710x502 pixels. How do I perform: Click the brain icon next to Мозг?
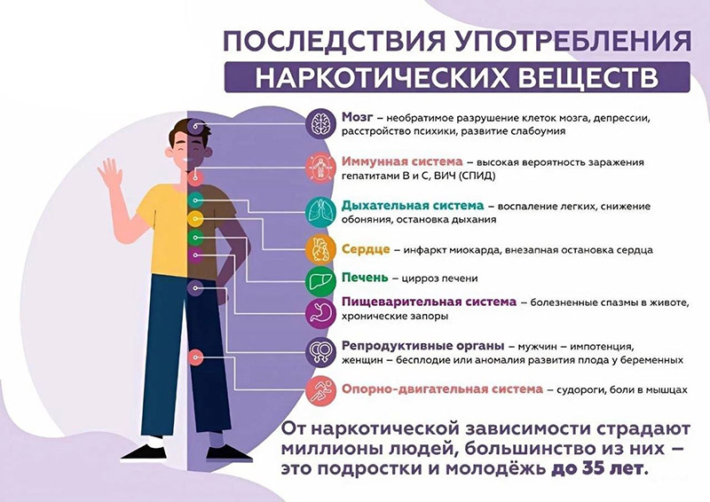pyautogui.click(x=320, y=123)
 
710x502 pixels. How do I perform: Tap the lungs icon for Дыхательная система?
pyautogui.click(x=320, y=211)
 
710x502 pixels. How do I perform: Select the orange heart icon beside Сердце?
pyautogui.click(x=320, y=249)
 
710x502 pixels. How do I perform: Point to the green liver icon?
pyautogui.click(x=320, y=281)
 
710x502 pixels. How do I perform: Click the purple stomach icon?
pyautogui.click(x=320, y=313)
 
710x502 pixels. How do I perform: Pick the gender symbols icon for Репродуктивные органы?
pyautogui.click(x=320, y=352)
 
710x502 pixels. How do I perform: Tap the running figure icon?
pyautogui.click(x=320, y=389)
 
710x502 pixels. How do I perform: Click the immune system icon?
pyautogui.click(x=320, y=168)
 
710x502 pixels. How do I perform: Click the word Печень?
pyautogui.click(x=365, y=278)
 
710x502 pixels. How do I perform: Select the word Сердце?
pyautogui.click(x=366, y=249)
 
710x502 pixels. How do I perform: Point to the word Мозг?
pyautogui.click(x=358, y=118)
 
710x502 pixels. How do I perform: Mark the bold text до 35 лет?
pyautogui.click(x=596, y=468)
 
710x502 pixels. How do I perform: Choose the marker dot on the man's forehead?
pyautogui.click(x=195, y=126)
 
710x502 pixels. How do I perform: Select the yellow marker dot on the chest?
pyautogui.click(x=195, y=219)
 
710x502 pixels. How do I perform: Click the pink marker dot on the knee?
pyautogui.click(x=195, y=357)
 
